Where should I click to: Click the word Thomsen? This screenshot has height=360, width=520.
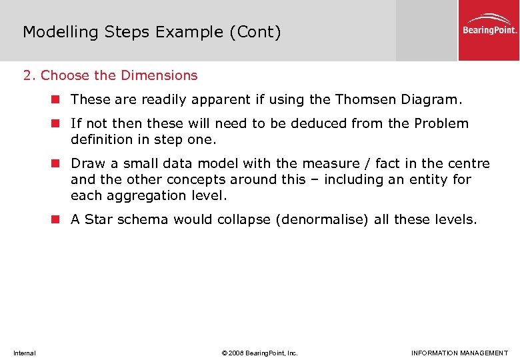(366, 99)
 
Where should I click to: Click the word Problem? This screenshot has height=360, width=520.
(441, 123)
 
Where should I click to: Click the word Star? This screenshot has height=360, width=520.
(99, 219)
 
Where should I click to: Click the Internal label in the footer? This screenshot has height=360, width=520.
(25, 353)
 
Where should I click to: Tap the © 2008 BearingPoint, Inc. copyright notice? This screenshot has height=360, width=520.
(260, 353)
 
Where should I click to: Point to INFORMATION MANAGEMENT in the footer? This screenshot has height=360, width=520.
(459, 353)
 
